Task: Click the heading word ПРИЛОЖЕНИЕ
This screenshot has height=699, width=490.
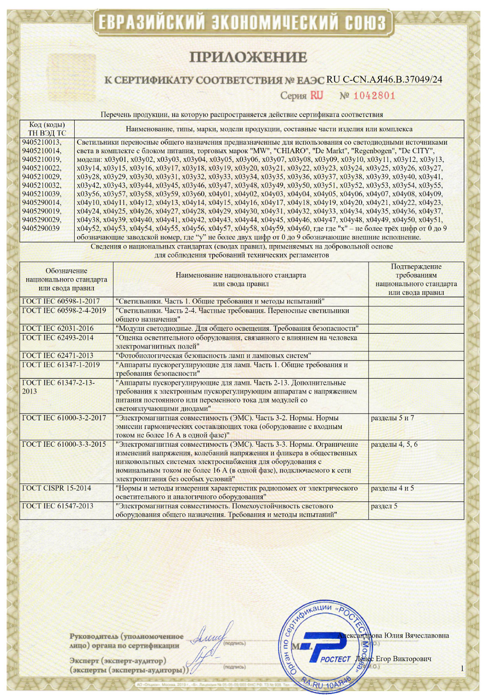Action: tap(248, 57)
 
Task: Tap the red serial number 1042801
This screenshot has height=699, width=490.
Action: tap(374, 95)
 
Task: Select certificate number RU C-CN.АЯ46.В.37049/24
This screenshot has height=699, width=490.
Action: tap(384, 79)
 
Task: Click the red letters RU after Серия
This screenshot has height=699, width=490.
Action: tap(316, 95)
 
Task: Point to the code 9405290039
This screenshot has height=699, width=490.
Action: tap(41, 228)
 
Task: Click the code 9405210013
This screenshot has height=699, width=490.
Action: tap(42, 142)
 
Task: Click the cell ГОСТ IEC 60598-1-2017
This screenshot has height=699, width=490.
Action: tap(61, 301)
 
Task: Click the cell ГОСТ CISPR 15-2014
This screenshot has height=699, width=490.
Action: tap(56, 488)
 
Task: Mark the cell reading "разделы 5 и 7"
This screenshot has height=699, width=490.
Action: tap(392, 418)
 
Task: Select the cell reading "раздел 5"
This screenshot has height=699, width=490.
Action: tap(384, 506)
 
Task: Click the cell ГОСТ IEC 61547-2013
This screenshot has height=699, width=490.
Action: tap(57, 506)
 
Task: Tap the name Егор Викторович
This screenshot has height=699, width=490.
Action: tap(403, 659)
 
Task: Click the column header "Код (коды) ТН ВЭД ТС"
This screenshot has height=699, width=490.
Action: tap(47, 129)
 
